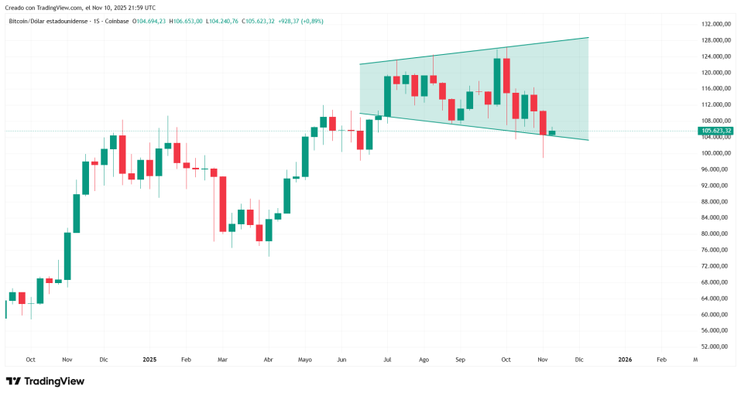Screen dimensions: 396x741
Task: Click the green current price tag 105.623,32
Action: pos(716,131)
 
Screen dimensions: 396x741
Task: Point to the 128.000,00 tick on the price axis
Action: pos(716,40)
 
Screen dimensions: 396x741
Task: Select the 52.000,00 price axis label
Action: pos(716,346)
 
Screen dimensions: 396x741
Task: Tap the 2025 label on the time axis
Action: pos(150,360)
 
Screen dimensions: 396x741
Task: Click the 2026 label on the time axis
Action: pos(624,360)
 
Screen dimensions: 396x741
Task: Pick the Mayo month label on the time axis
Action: pos(304,360)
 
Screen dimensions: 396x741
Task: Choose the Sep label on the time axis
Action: pos(460,360)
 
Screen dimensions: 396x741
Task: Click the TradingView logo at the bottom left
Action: pos(45,381)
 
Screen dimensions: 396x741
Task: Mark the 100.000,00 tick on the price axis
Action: pos(716,153)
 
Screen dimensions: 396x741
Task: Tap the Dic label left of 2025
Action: pos(104,360)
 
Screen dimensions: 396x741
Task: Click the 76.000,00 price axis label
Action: pos(716,250)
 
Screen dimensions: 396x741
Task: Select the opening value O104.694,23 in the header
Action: pos(149,21)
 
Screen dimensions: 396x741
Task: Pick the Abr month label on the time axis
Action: pos(269,360)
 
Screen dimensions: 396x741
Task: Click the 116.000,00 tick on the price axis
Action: pos(716,89)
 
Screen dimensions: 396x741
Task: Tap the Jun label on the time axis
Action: pos(341,360)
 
